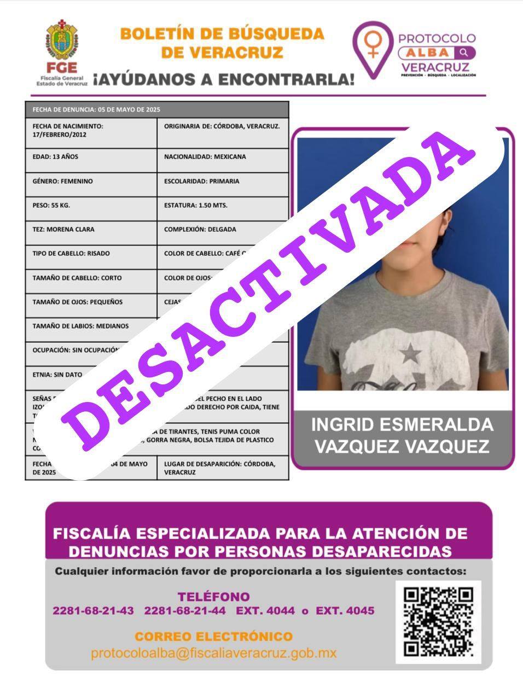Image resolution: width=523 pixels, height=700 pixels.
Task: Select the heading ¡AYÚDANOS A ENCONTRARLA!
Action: pyautogui.click(x=223, y=79)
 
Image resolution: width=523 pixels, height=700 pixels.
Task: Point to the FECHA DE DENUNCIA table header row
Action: pyautogui.click(x=156, y=109)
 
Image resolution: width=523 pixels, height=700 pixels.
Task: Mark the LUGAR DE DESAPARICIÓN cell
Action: pyautogui.click(x=222, y=468)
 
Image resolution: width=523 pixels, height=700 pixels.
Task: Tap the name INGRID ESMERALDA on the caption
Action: pyautogui.click(x=402, y=425)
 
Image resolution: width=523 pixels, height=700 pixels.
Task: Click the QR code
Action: pyautogui.click(x=438, y=622)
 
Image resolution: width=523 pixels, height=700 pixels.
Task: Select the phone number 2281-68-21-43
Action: pyautogui.click(x=93, y=611)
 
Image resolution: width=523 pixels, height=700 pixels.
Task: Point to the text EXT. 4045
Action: pyautogui.click(x=345, y=611)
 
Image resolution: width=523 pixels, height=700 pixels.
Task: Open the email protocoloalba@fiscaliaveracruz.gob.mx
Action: pyautogui.click(x=213, y=653)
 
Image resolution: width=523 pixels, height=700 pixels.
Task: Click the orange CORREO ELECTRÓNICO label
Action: pyautogui.click(x=213, y=637)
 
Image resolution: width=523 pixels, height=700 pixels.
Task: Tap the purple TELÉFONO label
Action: pyautogui.click(x=213, y=597)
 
